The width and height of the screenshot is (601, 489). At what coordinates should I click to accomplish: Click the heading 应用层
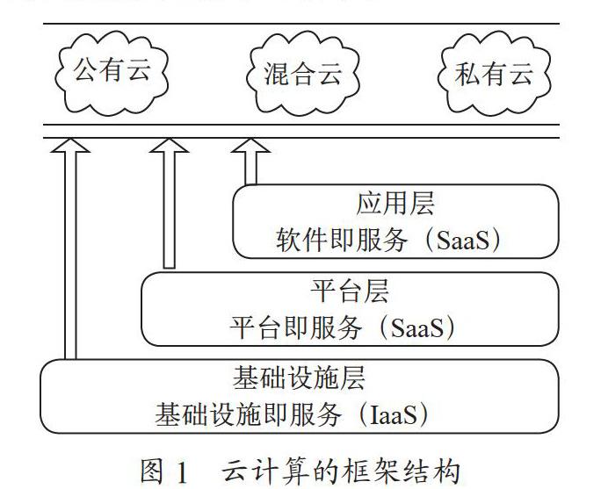395,203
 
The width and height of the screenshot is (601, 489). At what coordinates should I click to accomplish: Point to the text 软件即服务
342,241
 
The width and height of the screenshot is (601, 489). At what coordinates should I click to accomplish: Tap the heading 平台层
350,291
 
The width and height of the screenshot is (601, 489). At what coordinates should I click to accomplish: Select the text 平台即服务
295,327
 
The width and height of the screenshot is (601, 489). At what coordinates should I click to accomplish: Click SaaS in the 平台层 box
417,327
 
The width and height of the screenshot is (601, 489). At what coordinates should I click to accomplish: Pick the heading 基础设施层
299,378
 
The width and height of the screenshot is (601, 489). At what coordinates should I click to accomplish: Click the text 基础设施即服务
248,414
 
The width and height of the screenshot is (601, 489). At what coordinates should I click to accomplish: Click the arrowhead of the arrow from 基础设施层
70,146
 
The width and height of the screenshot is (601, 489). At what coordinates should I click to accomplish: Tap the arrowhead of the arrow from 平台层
169,146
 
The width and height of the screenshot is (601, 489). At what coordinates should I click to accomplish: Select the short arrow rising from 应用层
250,162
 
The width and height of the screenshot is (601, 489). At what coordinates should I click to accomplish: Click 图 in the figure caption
152,471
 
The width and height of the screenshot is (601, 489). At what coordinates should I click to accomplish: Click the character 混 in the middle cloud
277,74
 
